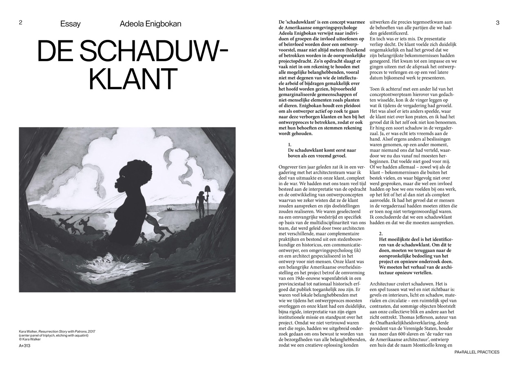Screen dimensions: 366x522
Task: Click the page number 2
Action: tap(20, 23)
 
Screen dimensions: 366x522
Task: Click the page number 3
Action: tap(498, 23)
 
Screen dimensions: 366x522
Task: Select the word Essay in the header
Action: tap(70, 24)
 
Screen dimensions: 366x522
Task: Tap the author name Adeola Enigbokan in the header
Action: tap(150, 24)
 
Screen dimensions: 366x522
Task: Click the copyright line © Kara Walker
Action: tap(30, 339)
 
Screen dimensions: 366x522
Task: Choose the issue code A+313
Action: tap(24, 346)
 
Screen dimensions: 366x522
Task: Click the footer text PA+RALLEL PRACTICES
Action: tap(476, 352)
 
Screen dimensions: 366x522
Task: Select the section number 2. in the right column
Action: tap(380, 233)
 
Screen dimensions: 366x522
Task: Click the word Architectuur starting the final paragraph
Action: tap(385, 283)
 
